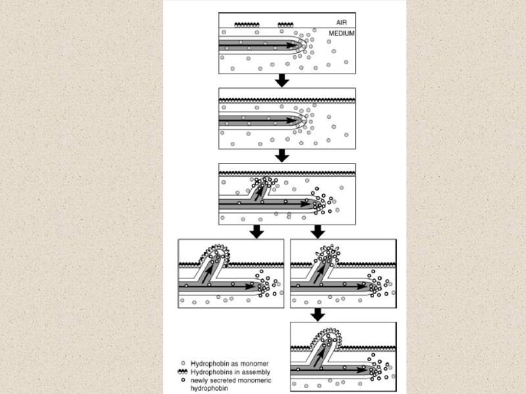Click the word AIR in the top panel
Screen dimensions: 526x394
pyautogui.click(x=341, y=22)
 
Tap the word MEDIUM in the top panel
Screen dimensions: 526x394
pyautogui.click(x=341, y=33)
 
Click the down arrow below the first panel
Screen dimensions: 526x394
pyautogui.click(x=282, y=80)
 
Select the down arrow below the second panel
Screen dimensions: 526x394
pyautogui.click(x=282, y=155)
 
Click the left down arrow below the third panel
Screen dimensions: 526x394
pyautogui.click(x=257, y=231)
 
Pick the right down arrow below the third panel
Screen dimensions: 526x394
pyautogui.click(x=318, y=231)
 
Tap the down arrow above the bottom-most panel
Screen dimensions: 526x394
pyautogui.click(x=318, y=314)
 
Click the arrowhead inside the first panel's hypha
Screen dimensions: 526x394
pyautogui.click(x=290, y=45)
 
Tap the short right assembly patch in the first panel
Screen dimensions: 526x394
pyautogui.click(x=285, y=25)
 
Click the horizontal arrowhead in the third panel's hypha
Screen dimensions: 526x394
pyautogui.click(x=306, y=204)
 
